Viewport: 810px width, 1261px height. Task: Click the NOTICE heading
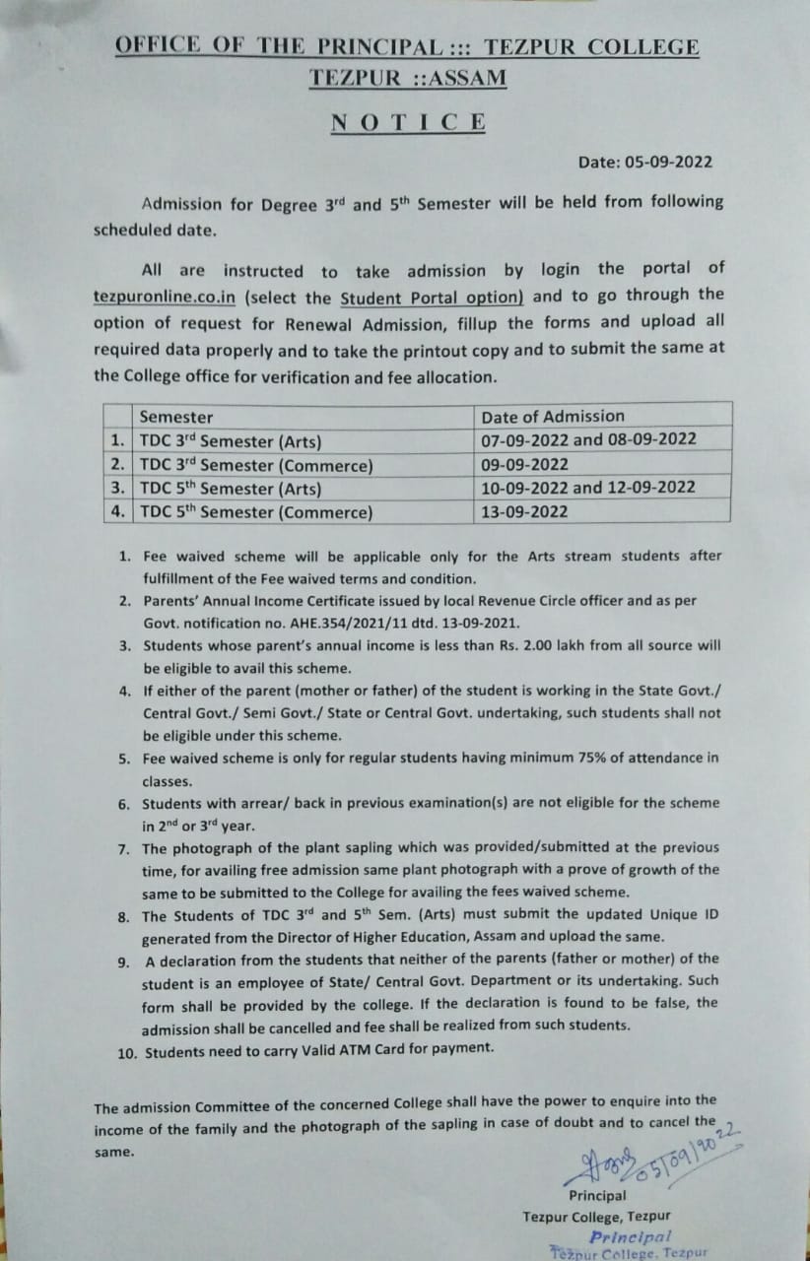tap(408, 123)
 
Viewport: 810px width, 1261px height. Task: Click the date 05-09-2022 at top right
tap(644, 163)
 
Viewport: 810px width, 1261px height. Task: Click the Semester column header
tap(176, 417)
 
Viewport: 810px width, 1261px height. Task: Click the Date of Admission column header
tap(553, 416)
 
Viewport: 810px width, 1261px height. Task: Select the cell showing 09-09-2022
tap(524, 464)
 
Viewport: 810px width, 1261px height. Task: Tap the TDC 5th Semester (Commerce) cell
tap(256, 511)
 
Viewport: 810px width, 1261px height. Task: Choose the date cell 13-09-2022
tap(524, 511)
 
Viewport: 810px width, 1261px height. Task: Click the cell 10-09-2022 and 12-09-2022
tap(588, 488)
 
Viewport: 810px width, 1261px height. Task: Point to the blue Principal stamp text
tap(630, 1236)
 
